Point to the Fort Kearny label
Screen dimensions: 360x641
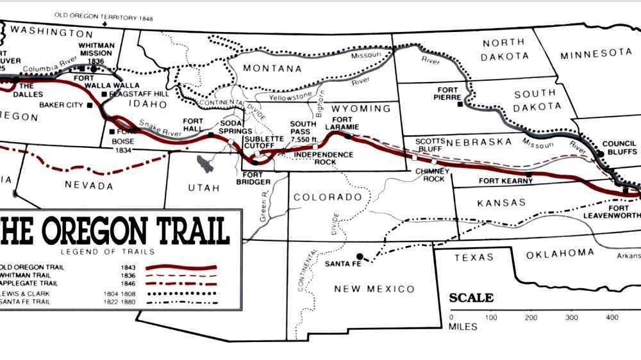coord(506,181)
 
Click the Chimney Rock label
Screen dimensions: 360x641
coord(430,175)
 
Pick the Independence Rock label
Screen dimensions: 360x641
coord(324,158)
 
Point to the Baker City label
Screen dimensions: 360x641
coord(62,104)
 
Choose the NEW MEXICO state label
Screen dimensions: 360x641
coord(374,289)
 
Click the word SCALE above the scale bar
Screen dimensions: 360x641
coord(471,298)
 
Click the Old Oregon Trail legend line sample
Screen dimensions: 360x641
coord(182,267)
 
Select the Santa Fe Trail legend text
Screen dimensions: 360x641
coord(27,301)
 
